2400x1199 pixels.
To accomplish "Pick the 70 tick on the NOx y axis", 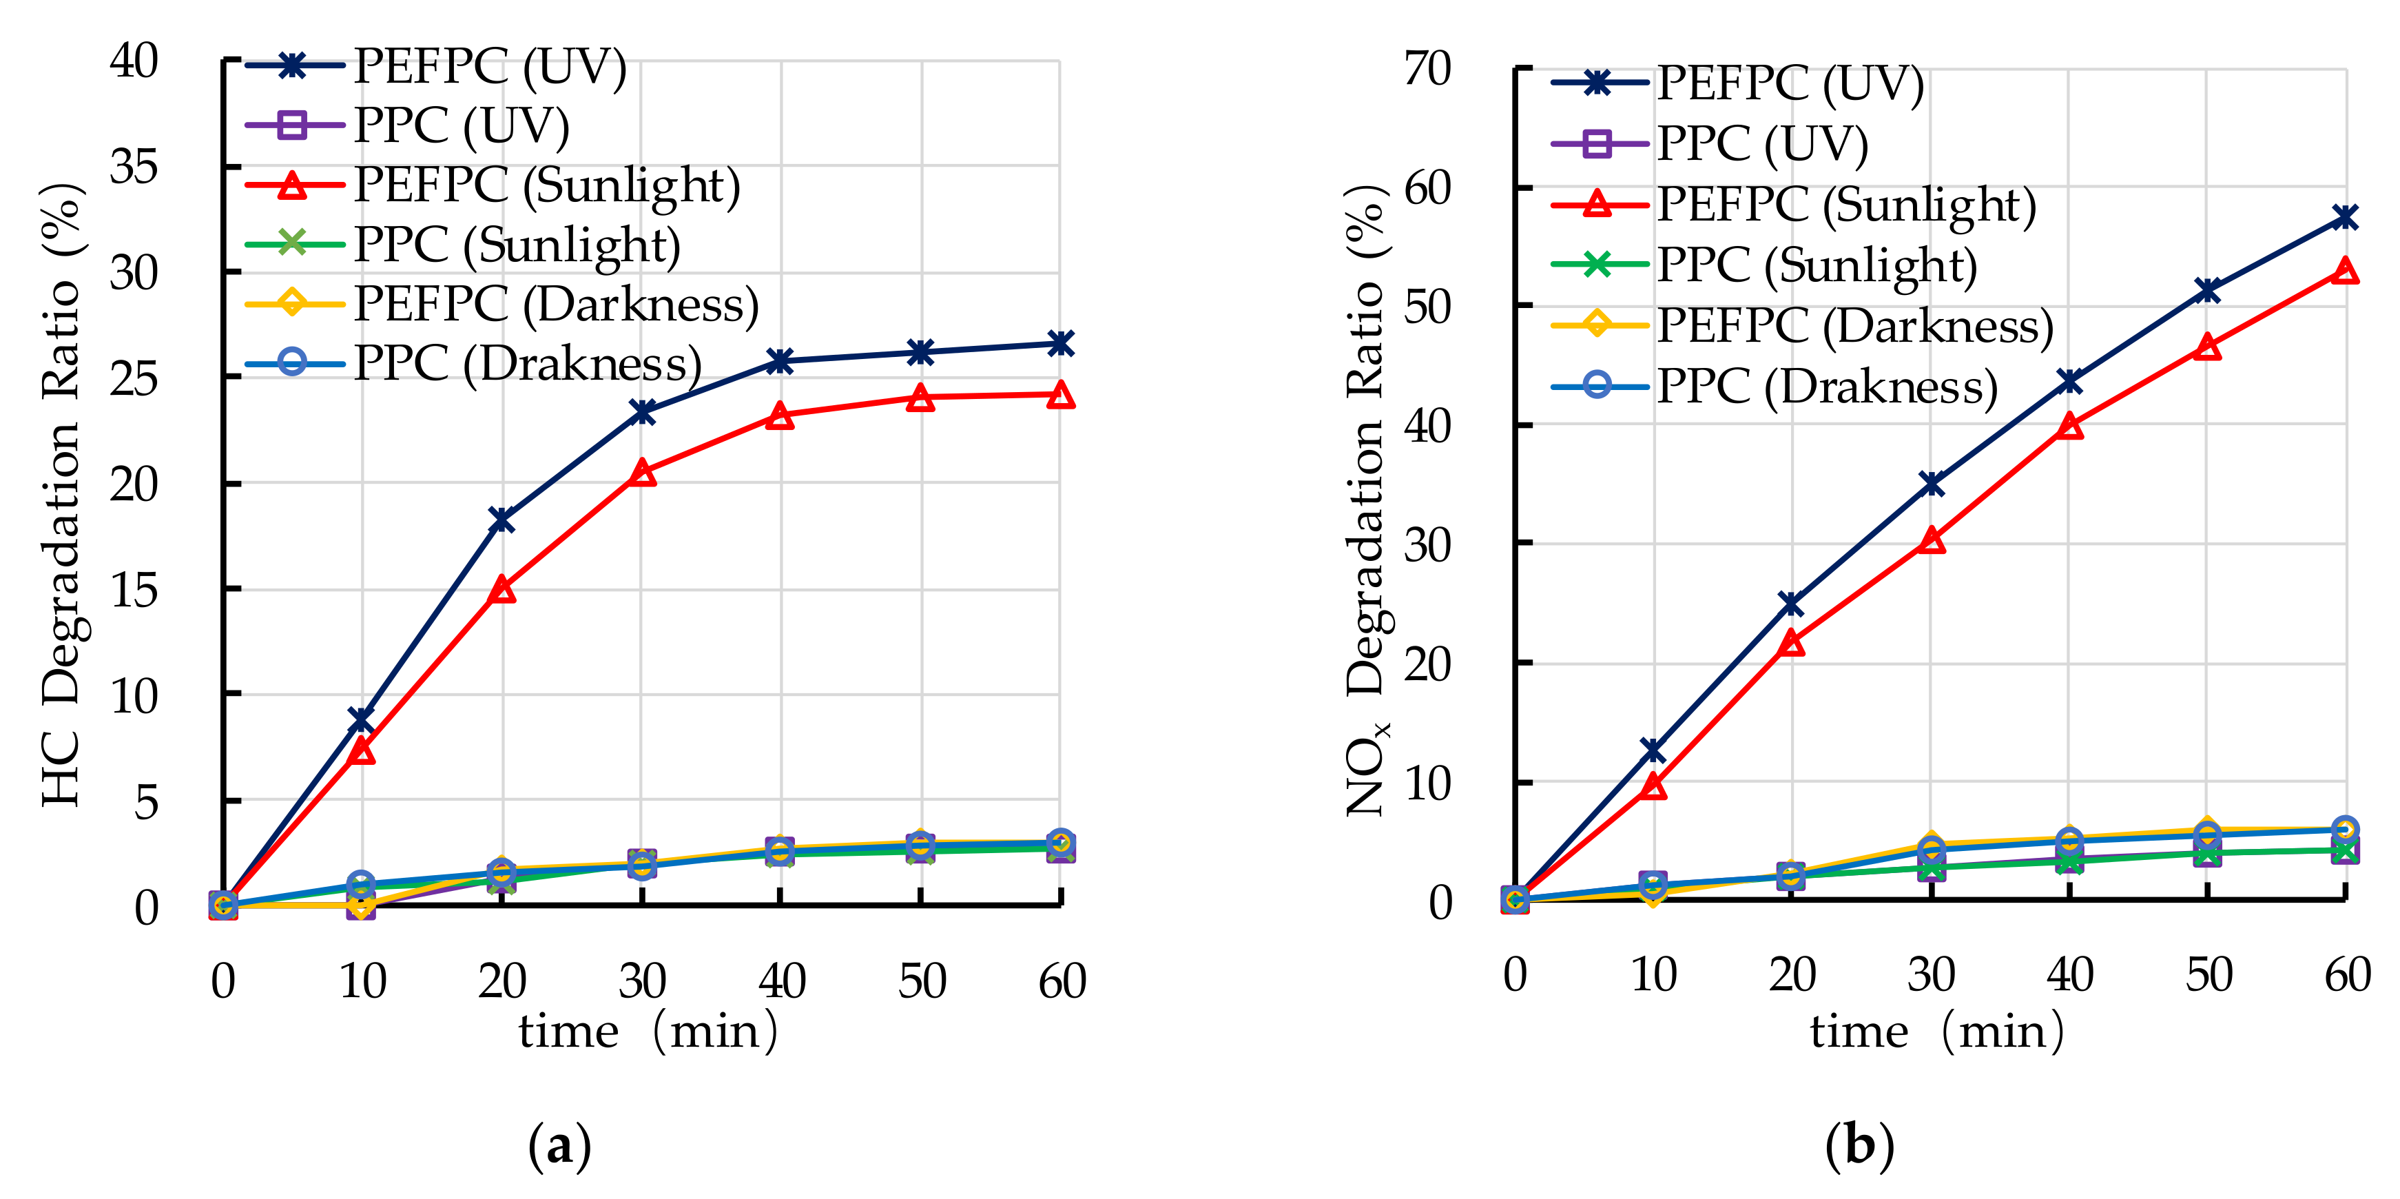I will coord(1427,69).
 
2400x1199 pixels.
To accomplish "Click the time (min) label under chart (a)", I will coord(648,1032).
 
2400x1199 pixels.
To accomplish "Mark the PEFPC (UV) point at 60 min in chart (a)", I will coord(1060,344).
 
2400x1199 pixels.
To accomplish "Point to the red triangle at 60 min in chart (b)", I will coord(2345,271).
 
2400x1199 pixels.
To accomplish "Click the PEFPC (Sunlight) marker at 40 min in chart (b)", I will coord(2069,426).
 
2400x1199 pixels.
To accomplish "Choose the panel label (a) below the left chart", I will coord(559,1145).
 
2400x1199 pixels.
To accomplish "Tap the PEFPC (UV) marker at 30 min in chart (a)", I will coord(642,412).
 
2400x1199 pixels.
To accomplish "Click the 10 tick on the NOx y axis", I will coord(1427,784).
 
